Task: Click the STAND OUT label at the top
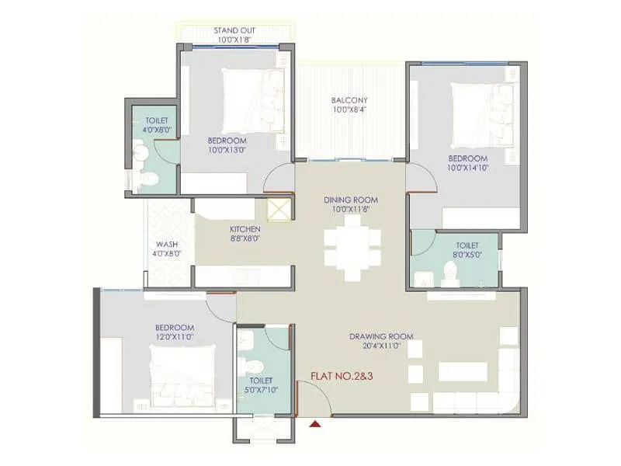pos(234,31)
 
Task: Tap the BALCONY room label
pos(349,100)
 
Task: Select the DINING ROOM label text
pos(349,200)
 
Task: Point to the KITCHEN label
pos(245,230)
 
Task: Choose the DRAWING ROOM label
pos(380,336)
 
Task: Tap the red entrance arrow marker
pos(314,423)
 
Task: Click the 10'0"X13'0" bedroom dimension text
pos(227,150)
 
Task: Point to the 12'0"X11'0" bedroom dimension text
pos(174,338)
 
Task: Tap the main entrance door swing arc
pos(310,396)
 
